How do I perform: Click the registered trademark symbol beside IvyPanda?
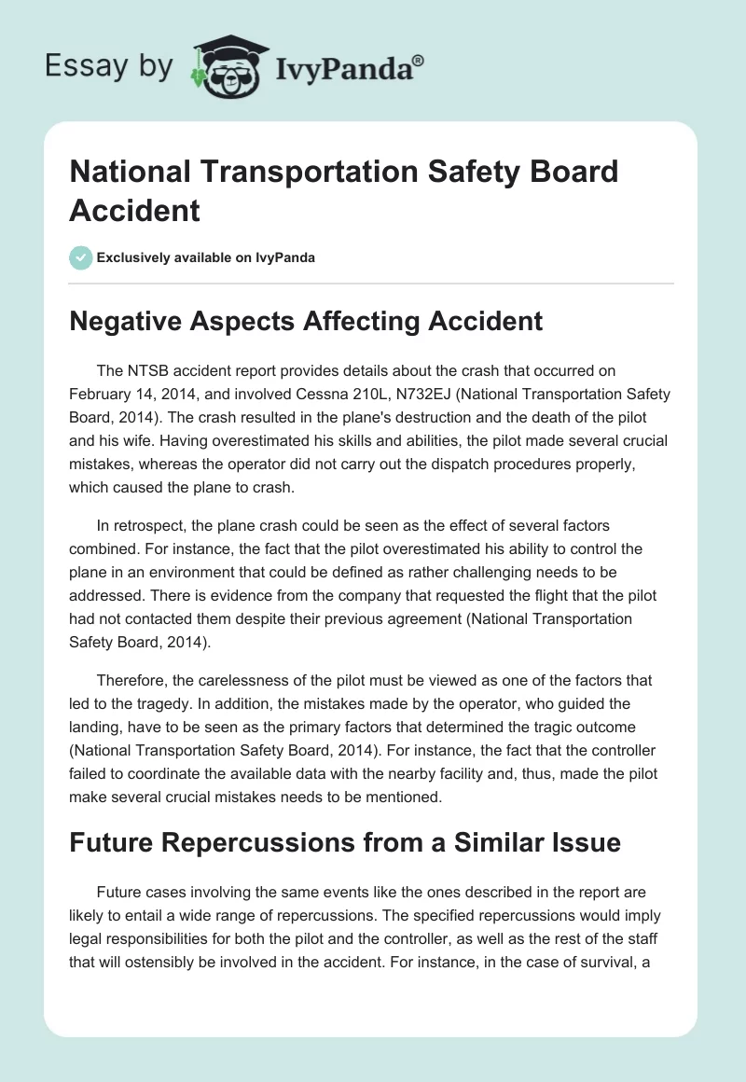click(x=419, y=60)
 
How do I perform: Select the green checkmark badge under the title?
click(x=81, y=257)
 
